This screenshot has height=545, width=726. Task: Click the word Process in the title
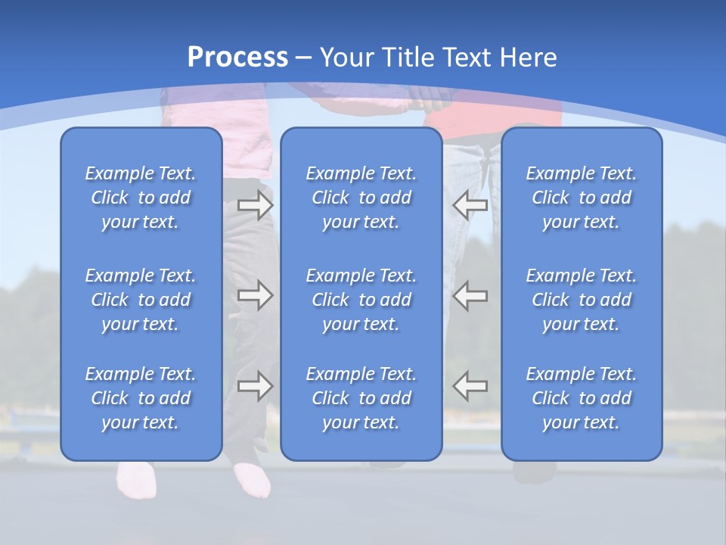pyautogui.click(x=237, y=57)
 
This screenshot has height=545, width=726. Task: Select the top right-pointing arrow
pyautogui.click(x=256, y=205)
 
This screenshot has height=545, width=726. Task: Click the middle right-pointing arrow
pyautogui.click(x=256, y=295)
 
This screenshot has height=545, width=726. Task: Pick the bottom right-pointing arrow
pyautogui.click(x=256, y=386)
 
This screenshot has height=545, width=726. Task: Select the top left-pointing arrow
pyautogui.click(x=470, y=204)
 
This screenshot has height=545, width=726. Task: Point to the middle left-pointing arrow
pyautogui.click(x=470, y=295)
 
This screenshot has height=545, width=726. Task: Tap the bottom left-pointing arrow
pyautogui.click(x=470, y=386)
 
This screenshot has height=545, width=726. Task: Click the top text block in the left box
pyautogui.click(x=141, y=198)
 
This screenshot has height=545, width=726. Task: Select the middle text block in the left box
pyautogui.click(x=141, y=300)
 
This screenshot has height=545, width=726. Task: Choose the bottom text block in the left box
pyautogui.click(x=141, y=398)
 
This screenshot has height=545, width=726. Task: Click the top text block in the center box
pyautogui.click(x=361, y=198)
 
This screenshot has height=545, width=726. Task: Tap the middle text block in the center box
pyautogui.click(x=361, y=300)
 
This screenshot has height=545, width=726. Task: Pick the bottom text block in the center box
pyautogui.click(x=361, y=398)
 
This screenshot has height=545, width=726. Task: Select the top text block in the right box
pyautogui.click(x=582, y=198)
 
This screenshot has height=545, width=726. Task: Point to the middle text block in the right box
pyautogui.click(x=582, y=300)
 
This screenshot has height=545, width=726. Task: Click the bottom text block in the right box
pyautogui.click(x=582, y=398)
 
